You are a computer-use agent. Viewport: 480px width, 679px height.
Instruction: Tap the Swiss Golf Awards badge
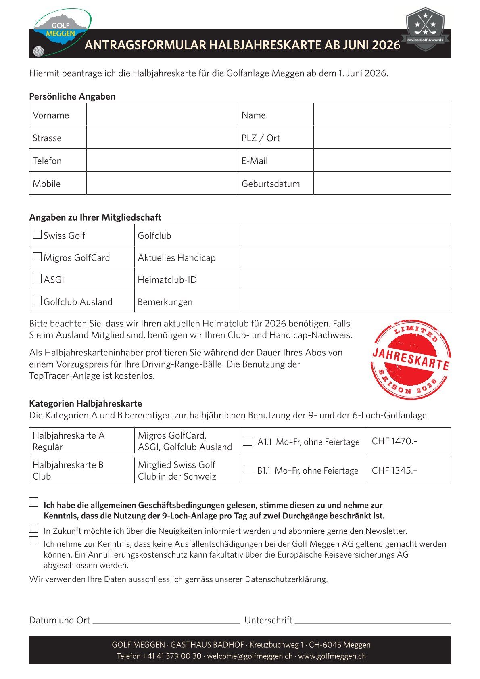pos(425,29)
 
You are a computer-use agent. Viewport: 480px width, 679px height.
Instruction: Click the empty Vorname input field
pos(162,115)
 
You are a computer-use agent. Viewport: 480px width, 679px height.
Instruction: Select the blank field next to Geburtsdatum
pos(382,184)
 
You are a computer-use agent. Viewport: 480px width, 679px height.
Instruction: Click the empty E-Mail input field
pos(382,161)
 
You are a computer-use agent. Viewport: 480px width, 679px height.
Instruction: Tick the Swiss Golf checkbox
pos(37,235)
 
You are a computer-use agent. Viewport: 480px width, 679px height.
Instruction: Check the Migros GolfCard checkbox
pos(37,257)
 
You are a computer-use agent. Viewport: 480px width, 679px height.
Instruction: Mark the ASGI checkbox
pos(37,279)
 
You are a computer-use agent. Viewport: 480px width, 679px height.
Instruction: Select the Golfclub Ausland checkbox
pos(37,301)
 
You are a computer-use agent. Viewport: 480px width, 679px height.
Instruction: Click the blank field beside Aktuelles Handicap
pos(345,257)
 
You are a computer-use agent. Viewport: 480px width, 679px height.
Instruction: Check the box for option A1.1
pos(248,441)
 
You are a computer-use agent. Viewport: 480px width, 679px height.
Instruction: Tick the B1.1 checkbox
pos(248,470)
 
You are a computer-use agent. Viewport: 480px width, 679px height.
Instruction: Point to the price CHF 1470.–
pos(394,441)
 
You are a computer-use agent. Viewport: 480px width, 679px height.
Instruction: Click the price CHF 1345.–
pos(394,470)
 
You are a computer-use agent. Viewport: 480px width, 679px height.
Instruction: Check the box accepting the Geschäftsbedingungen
pos(34,503)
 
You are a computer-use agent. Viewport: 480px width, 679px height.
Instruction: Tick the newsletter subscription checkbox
pos(34,529)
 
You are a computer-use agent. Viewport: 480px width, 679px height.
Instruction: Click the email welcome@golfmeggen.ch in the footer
pos(250,656)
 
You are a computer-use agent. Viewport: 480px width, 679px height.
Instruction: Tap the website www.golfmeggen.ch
pos(332,656)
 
